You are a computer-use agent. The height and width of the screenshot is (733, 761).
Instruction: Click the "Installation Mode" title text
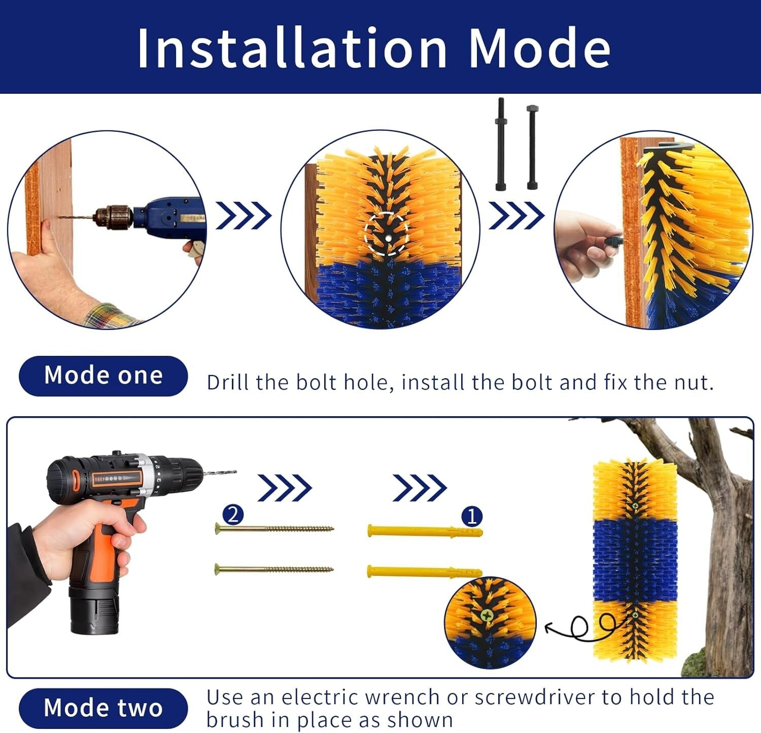pos(373,48)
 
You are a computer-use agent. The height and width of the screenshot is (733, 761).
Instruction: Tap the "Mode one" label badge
pos(103,376)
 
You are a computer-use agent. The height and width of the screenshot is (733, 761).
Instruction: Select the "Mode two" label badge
pos(103,708)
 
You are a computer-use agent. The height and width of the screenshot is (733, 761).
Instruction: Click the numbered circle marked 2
pos(233,515)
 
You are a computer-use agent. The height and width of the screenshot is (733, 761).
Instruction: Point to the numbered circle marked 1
pos(472,517)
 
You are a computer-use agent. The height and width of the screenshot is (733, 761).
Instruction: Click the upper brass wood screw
pos(274,529)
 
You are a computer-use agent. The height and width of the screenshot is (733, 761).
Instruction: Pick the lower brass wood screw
pos(274,569)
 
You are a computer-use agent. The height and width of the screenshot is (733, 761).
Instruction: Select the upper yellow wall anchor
pos(424,531)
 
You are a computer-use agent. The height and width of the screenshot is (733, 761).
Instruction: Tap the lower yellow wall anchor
pos(424,572)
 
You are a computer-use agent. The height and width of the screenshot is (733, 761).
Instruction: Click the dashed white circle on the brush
pos(387,234)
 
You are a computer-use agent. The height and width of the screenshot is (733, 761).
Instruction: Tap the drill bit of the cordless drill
pos(220,473)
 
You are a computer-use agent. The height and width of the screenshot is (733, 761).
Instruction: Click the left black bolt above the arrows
pos(501,144)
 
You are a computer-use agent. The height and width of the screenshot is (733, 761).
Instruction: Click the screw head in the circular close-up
pos(487,615)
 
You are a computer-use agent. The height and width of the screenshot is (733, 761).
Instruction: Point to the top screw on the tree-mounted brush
pos(635,506)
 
